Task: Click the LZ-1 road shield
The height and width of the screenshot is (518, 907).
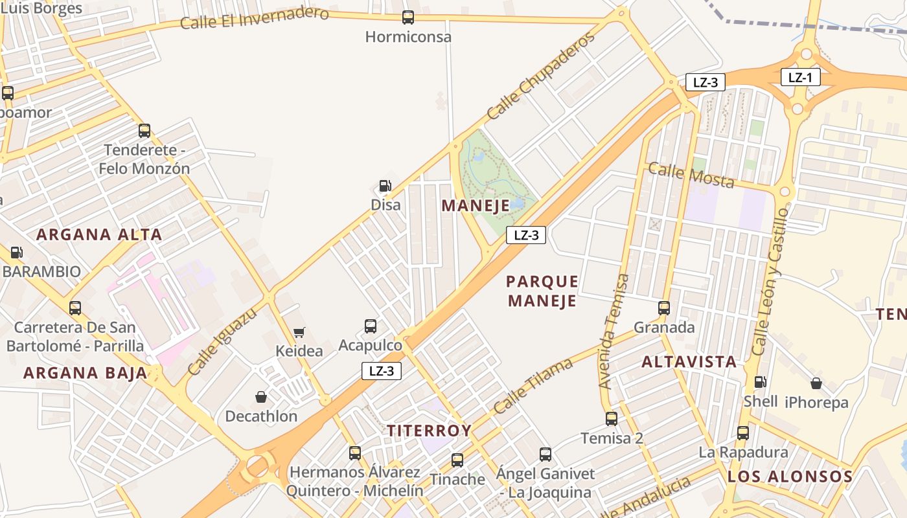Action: [800, 78]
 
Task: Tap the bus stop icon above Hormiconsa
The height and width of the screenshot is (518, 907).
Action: [408, 17]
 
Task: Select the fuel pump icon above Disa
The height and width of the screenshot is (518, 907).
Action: [385, 186]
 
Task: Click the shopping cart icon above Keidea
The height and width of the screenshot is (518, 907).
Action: [299, 332]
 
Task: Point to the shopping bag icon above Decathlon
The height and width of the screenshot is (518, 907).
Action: [261, 396]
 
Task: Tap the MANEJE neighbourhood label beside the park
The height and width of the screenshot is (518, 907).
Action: [476, 206]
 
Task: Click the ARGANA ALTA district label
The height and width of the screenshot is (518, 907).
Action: [99, 234]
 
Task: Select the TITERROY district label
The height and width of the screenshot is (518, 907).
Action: [429, 431]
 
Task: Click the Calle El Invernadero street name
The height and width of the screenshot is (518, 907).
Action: [254, 18]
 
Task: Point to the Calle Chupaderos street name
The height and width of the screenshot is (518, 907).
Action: [540, 76]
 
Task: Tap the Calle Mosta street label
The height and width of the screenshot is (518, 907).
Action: [691, 175]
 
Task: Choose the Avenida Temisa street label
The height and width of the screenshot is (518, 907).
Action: [614, 331]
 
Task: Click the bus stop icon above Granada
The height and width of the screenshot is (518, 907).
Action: [664, 308]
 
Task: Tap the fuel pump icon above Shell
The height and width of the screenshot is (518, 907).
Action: [760, 382]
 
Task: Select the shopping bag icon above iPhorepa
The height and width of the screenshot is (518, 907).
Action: [816, 383]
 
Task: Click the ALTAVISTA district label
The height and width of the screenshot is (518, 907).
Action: [689, 362]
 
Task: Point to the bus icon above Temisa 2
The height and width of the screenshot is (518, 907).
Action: [612, 419]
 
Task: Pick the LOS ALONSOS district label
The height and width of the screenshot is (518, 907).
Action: [790, 477]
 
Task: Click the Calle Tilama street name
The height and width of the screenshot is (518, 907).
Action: [533, 386]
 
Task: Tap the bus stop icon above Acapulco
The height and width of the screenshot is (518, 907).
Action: [371, 326]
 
